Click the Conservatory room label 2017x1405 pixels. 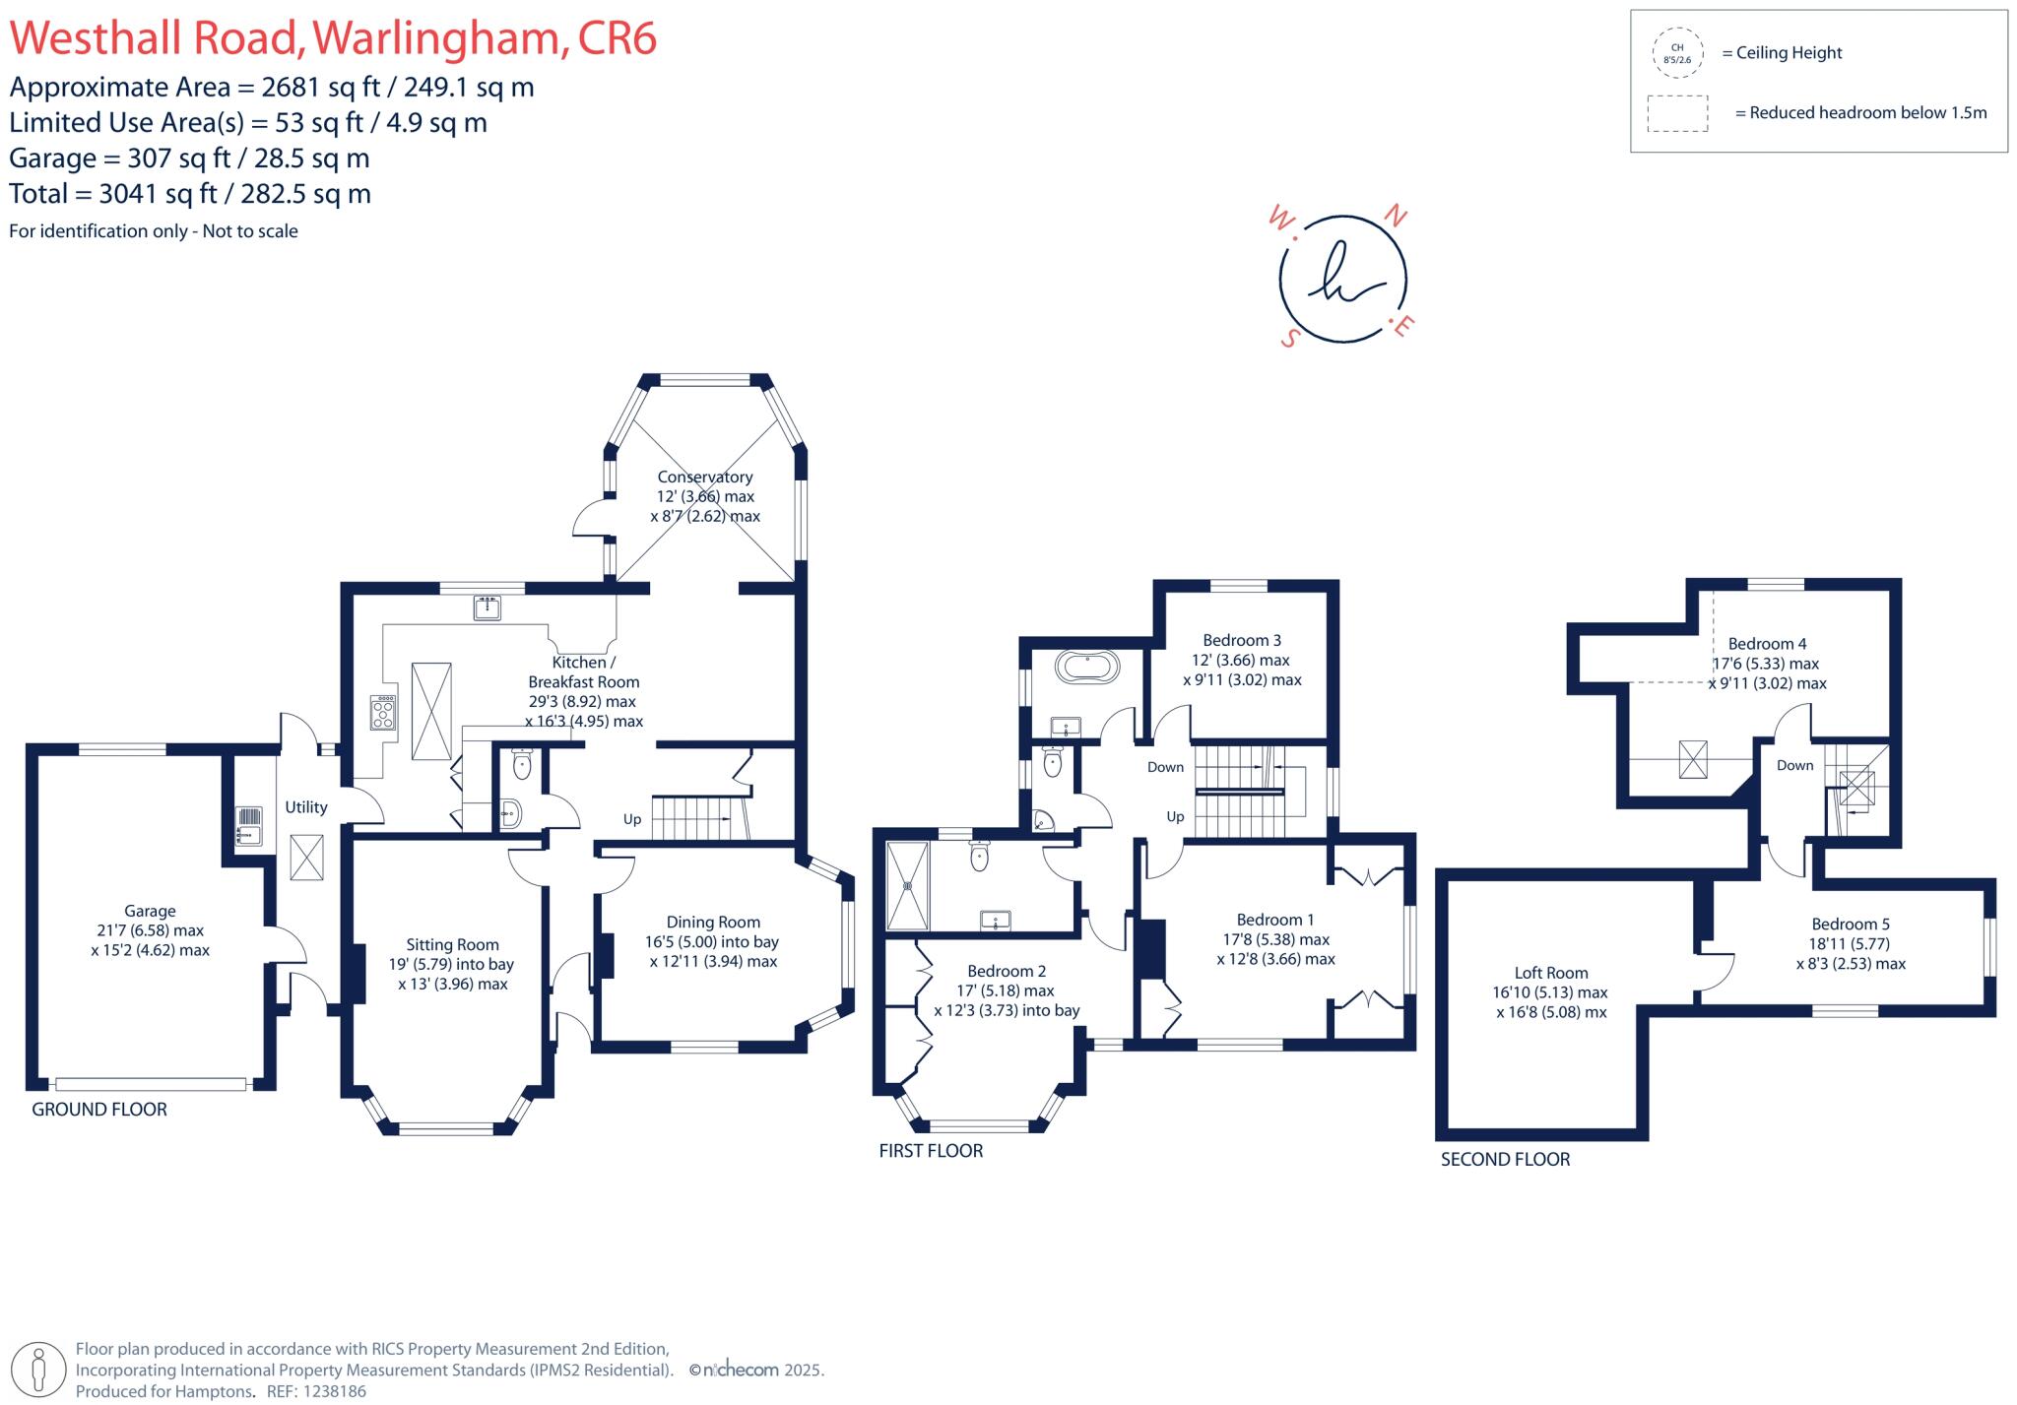(704, 478)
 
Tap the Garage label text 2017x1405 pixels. (150, 912)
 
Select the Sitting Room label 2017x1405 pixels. (452, 945)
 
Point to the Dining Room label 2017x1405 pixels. (713, 923)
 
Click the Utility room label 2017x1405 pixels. (305, 807)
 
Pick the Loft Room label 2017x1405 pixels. (1551, 973)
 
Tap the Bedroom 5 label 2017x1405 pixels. (1851, 925)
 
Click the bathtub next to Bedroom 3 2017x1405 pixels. (1087, 668)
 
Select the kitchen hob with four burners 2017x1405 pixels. (383, 712)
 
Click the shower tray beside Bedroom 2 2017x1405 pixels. (908, 885)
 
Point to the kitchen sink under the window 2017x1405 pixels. (488, 607)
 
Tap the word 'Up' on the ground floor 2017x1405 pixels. (632, 819)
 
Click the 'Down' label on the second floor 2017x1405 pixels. (1794, 765)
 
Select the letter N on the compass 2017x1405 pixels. (1395, 215)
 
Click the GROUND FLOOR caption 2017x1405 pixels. (99, 1110)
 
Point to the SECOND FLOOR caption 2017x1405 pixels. (1505, 1160)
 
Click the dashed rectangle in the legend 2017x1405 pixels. (1677, 113)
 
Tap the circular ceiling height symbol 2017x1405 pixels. (1677, 53)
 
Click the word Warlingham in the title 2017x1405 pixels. (437, 39)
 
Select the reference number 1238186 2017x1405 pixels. (334, 1392)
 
